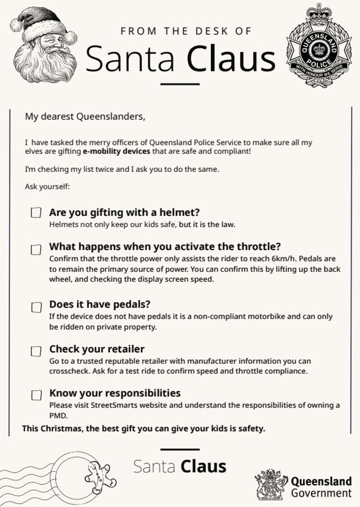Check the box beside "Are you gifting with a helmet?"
pyautogui.click(x=36, y=213)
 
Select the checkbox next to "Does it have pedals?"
pyautogui.click(x=36, y=307)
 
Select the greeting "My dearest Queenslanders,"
pyautogui.click(x=85, y=117)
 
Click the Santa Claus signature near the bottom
pyautogui.click(x=180, y=466)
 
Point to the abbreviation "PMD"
pyautogui.click(x=58, y=416)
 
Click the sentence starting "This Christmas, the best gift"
pyautogui.click(x=143, y=429)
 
